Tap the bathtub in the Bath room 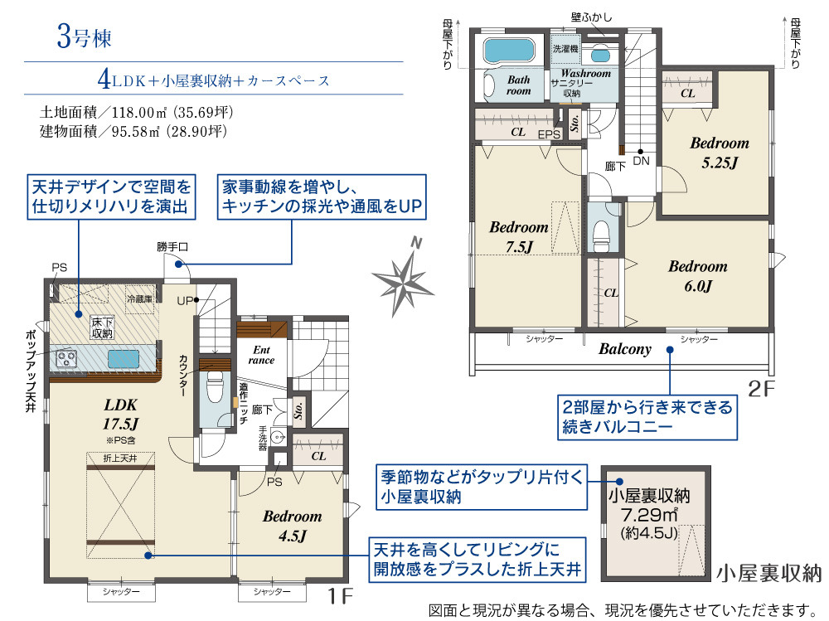click(509, 50)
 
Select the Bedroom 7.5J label click(519, 237)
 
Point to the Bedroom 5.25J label click(720, 153)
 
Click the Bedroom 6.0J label click(698, 275)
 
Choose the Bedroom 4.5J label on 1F click(293, 526)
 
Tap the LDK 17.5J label click(120, 415)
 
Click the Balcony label click(625, 349)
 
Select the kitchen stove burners click(66, 359)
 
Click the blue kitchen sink click(124, 359)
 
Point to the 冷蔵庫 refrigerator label click(139, 298)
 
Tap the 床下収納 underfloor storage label click(102, 327)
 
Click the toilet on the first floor click(215, 386)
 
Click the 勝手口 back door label click(172, 247)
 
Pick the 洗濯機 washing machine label click(565, 49)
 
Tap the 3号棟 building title click(84, 37)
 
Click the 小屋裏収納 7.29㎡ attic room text click(649, 513)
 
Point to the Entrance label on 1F click(262, 355)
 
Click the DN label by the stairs click(642, 161)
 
